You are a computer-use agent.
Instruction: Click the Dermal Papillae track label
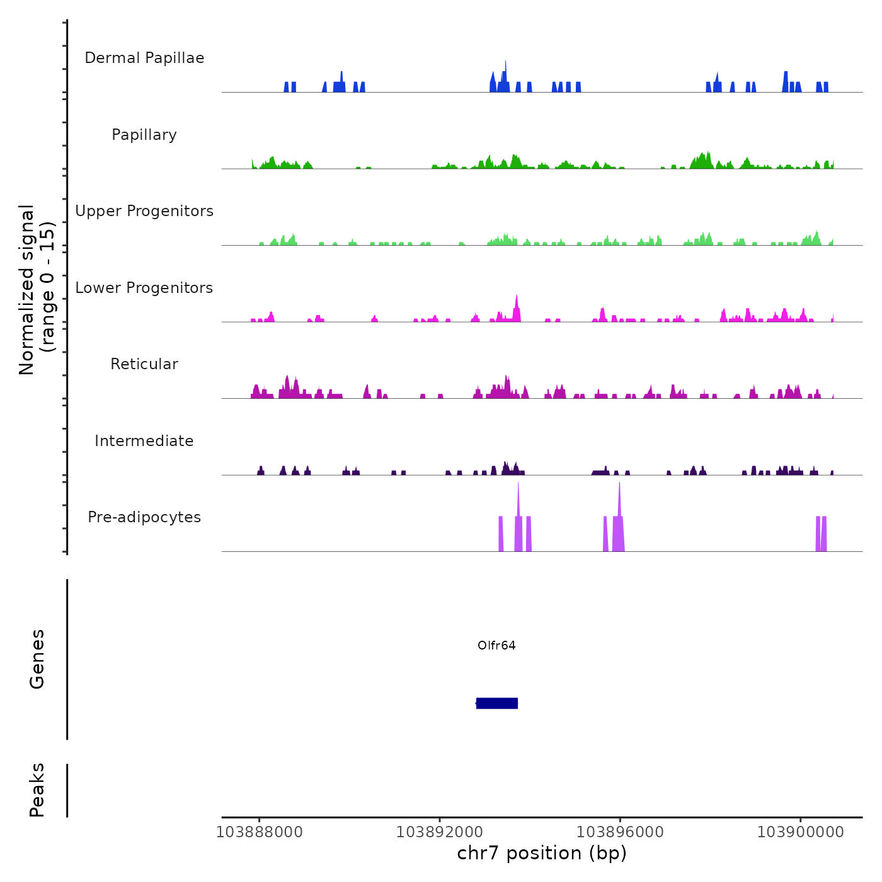[x=144, y=58]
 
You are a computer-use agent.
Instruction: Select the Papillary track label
[x=144, y=135]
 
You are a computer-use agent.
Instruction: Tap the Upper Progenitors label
[x=144, y=211]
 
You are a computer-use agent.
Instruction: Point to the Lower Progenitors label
[x=144, y=288]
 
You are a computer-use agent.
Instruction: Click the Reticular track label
[x=144, y=364]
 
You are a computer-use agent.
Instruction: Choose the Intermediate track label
[x=144, y=441]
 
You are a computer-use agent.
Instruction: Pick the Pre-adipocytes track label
[x=144, y=517]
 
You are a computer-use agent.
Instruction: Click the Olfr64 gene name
[x=496, y=645]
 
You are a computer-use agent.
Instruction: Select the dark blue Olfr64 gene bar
[x=497, y=703]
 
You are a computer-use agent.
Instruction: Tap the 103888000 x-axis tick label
[x=259, y=832]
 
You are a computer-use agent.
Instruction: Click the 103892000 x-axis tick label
[x=440, y=832]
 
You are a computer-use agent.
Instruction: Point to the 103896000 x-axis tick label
[x=620, y=832]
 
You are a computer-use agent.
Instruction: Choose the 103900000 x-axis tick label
[x=800, y=832]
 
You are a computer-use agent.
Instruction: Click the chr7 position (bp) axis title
[x=542, y=854]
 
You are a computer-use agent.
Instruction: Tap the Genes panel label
[x=37, y=659]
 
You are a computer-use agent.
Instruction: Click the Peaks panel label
[x=37, y=790]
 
